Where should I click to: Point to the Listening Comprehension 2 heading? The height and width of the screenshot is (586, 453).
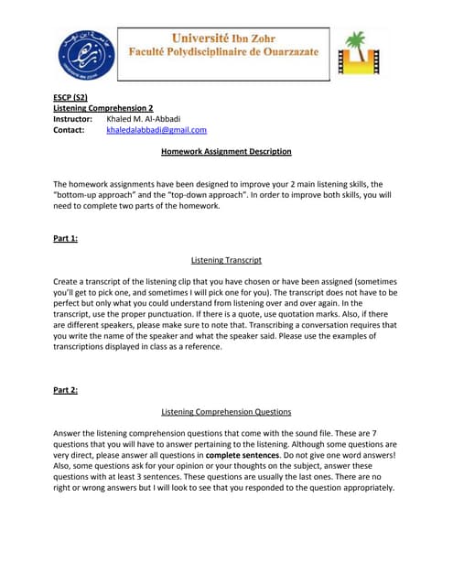point(101,108)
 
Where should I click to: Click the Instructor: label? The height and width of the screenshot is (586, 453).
point(72,119)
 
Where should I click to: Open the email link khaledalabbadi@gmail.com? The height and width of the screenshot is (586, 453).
point(156,131)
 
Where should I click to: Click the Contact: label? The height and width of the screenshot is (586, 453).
point(69,131)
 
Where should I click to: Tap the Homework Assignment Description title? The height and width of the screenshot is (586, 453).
point(226,151)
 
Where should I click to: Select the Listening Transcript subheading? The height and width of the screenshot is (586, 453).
point(226,260)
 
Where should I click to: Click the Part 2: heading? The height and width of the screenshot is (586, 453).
point(66,390)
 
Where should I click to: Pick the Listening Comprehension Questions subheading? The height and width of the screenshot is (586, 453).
point(226,412)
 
